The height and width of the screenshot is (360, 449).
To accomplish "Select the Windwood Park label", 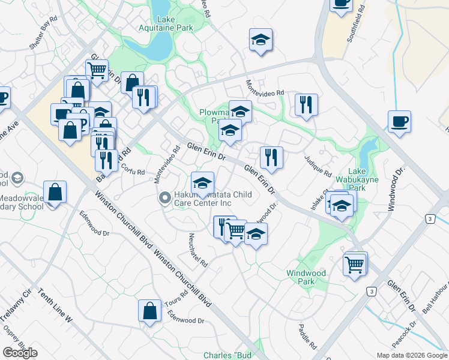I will click(x=306, y=277).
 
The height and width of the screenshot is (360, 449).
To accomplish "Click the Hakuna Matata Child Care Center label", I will click(x=203, y=199).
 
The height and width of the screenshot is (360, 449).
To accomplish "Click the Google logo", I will click(x=20, y=353).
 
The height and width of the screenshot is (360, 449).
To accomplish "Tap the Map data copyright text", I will click(x=412, y=355).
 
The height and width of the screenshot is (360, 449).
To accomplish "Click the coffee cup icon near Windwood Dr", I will click(x=399, y=122).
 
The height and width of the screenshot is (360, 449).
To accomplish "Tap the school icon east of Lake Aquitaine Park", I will click(x=261, y=40).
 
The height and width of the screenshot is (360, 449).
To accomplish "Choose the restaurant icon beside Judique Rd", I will click(x=307, y=104).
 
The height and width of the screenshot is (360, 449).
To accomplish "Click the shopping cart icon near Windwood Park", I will click(x=355, y=263).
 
